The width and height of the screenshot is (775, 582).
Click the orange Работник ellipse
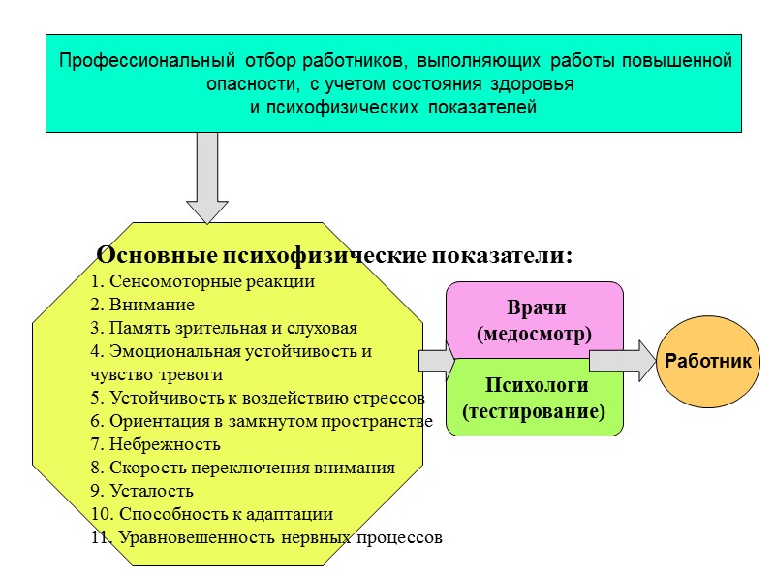709,361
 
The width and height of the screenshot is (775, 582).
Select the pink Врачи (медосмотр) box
535,320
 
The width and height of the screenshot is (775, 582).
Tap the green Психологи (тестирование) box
535,398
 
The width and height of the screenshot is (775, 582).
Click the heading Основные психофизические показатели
335,256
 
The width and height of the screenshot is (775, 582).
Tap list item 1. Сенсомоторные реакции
201,282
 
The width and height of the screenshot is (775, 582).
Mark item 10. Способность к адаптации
211,514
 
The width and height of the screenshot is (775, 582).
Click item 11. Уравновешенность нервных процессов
265,537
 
